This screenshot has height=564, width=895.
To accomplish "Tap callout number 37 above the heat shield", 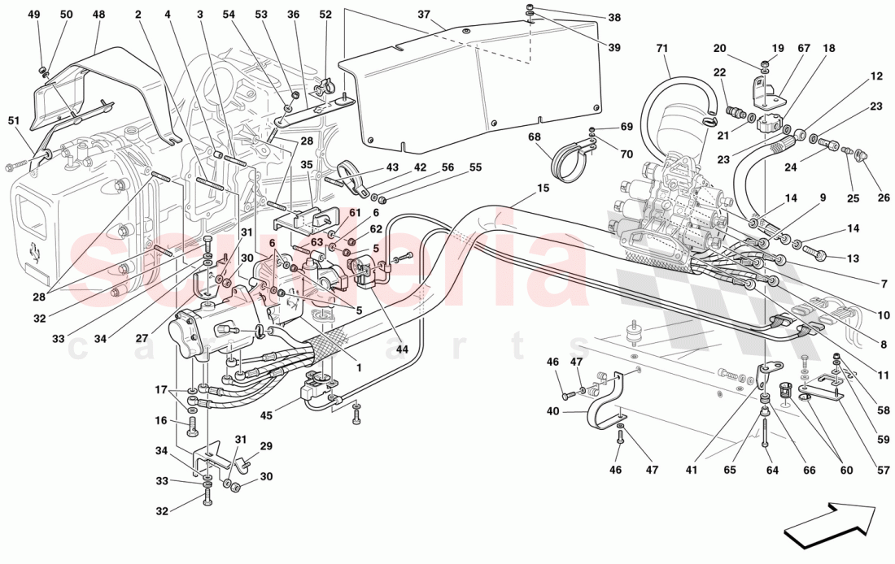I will tap(423, 15).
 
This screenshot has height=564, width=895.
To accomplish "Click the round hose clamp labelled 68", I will tap(569, 159).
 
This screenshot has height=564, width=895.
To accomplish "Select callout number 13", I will tap(852, 258).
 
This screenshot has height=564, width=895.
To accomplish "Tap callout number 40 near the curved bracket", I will tap(552, 411).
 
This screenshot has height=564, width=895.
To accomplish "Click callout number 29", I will tap(265, 446).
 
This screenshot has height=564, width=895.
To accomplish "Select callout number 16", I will tap(161, 421).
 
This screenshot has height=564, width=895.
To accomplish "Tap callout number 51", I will tap(14, 121).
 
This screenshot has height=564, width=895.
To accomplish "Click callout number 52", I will tap(325, 15).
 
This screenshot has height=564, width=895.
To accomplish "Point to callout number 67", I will tap(804, 49).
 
